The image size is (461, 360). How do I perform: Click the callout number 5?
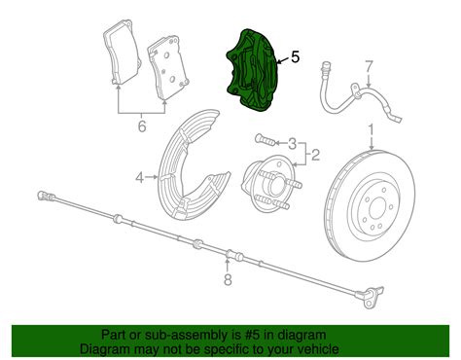(x=294, y=57)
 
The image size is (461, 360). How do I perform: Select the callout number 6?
(x=142, y=126)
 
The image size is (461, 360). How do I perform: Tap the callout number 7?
(x=369, y=67)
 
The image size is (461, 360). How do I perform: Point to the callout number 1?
(x=371, y=128)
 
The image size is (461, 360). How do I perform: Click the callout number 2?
(x=314, y=153)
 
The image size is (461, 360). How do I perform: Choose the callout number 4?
(x=140, y=176)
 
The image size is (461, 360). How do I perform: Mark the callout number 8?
(x=228, y=282)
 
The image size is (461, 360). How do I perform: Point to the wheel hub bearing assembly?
(x=273, y=179)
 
